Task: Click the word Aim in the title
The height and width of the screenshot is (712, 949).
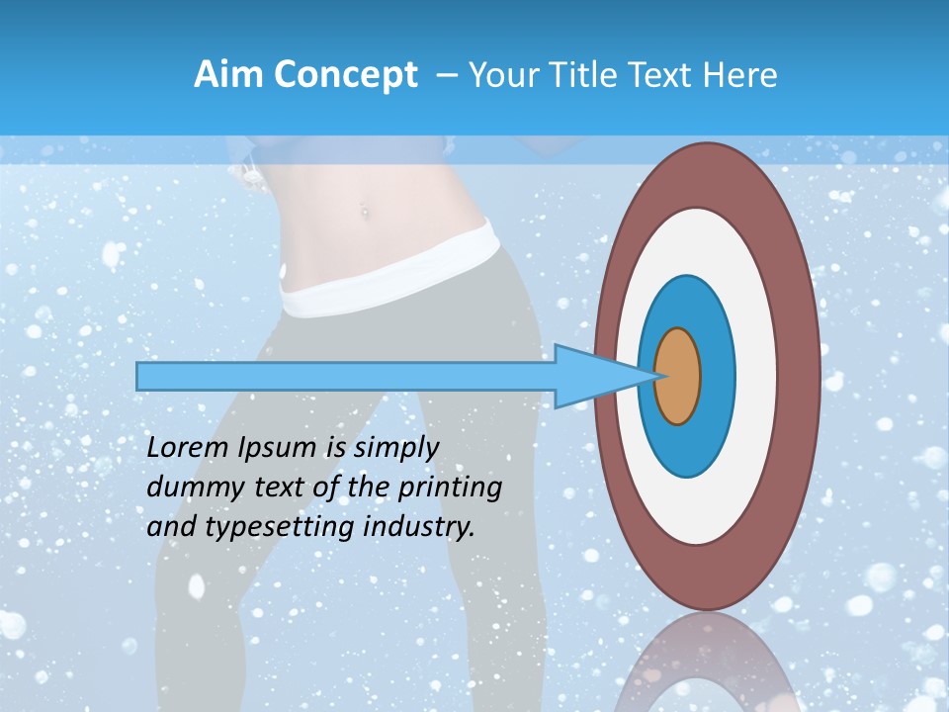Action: tap(228, 75)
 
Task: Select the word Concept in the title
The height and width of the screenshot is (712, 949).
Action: tap(345, 75)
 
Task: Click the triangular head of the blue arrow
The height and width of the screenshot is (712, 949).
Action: tap(593, 376)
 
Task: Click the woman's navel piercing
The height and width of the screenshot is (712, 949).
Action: tap(365, 210)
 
